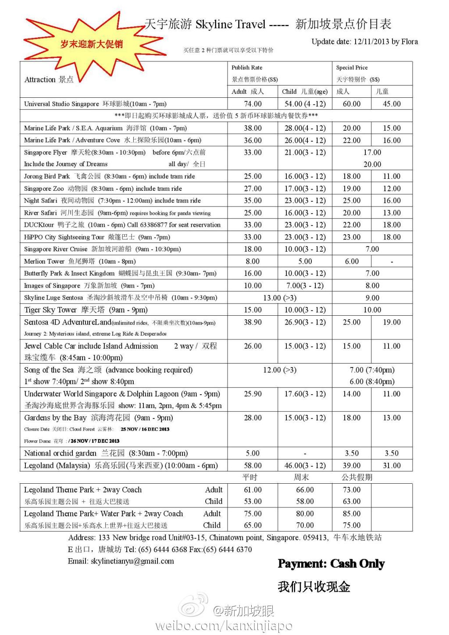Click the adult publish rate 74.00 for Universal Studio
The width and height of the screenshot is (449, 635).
click(253, 104)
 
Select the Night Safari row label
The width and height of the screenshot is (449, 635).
click(40, 200)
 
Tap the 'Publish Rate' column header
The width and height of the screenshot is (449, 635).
click(247, 68)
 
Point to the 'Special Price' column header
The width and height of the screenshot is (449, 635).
click(352, 68)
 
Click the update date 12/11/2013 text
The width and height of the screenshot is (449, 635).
click(364, 42)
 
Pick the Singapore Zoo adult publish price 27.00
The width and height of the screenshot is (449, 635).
click(253, 189)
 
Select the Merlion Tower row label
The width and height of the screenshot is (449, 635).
click(44, 261)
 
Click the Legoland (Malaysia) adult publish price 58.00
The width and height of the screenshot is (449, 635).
click(253, 466)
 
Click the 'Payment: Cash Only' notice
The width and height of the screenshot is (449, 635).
click(331, 564)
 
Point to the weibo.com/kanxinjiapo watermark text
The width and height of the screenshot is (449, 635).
click(224, 625)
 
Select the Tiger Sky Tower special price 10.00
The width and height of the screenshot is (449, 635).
click(372, 310)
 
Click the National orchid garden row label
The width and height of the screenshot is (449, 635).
click(60, 453)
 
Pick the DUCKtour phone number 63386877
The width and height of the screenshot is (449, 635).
click(153, 225)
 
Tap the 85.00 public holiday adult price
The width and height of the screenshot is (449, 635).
click(352, 514)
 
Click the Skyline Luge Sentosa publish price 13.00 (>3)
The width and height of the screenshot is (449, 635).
click(279, 298)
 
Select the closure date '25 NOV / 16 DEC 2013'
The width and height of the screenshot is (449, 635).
click(145, 429)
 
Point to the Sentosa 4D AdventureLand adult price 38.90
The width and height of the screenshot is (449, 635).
click(253, 322)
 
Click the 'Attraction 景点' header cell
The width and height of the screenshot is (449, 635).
click(49, 79)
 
